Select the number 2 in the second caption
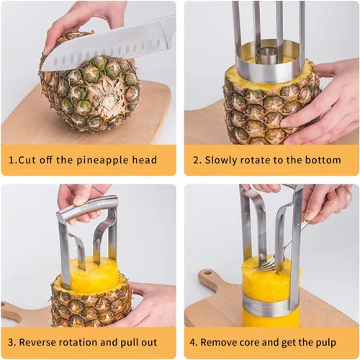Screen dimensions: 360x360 [x=197, y=160]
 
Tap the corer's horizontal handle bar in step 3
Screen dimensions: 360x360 [x=87, y=207]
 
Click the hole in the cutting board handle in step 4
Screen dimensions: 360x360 [x=207, y=274]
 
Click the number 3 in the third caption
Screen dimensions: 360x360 [x=11, y=343]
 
